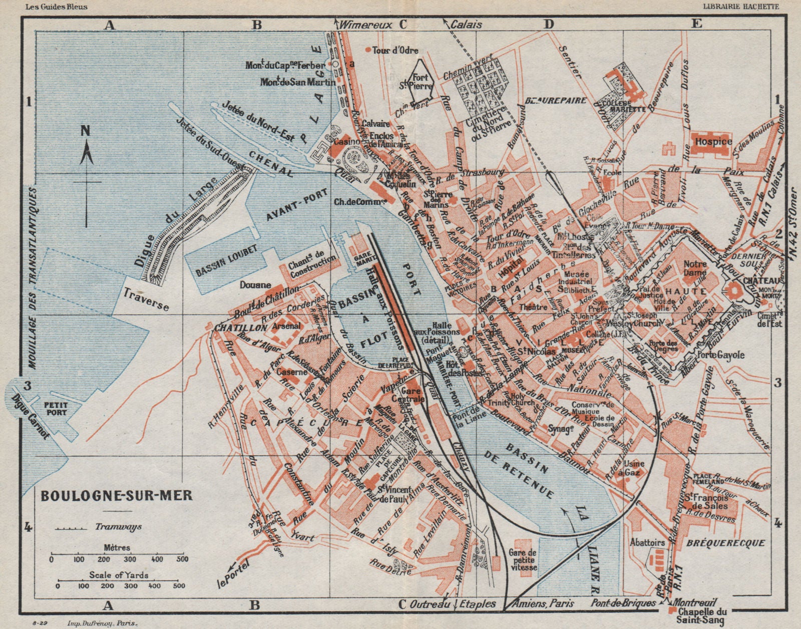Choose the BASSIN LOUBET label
tap(220, 260)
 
